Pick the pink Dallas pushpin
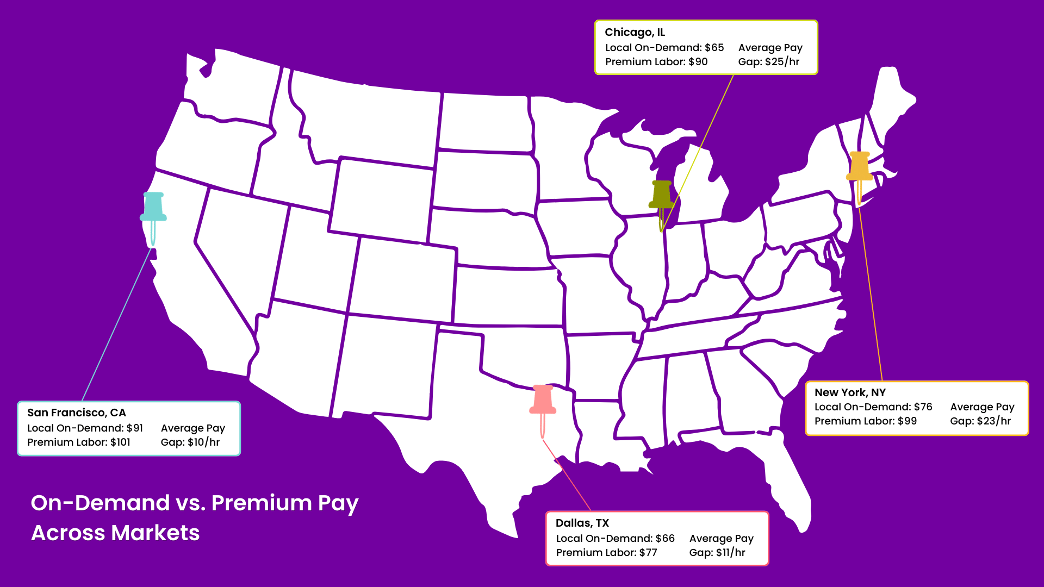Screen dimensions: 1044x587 coord(543,400)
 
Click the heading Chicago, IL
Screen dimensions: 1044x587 coord(635,33)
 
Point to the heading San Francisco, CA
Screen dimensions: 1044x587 coord(77,413)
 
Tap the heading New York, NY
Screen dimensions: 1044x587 coord(850,392)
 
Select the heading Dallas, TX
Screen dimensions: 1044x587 coord(582,523)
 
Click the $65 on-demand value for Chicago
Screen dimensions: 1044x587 coord(714,48)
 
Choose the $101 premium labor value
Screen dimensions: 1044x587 coord(120,442)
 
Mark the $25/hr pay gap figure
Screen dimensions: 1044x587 coord(782,62)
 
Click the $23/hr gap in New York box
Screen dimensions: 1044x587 coord(994,421)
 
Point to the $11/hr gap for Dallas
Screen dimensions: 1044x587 coord(730,553)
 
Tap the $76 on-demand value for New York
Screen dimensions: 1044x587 coord(923,407)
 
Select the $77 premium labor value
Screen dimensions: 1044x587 coord(648,553)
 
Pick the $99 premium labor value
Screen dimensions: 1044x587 coord(907,421)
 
